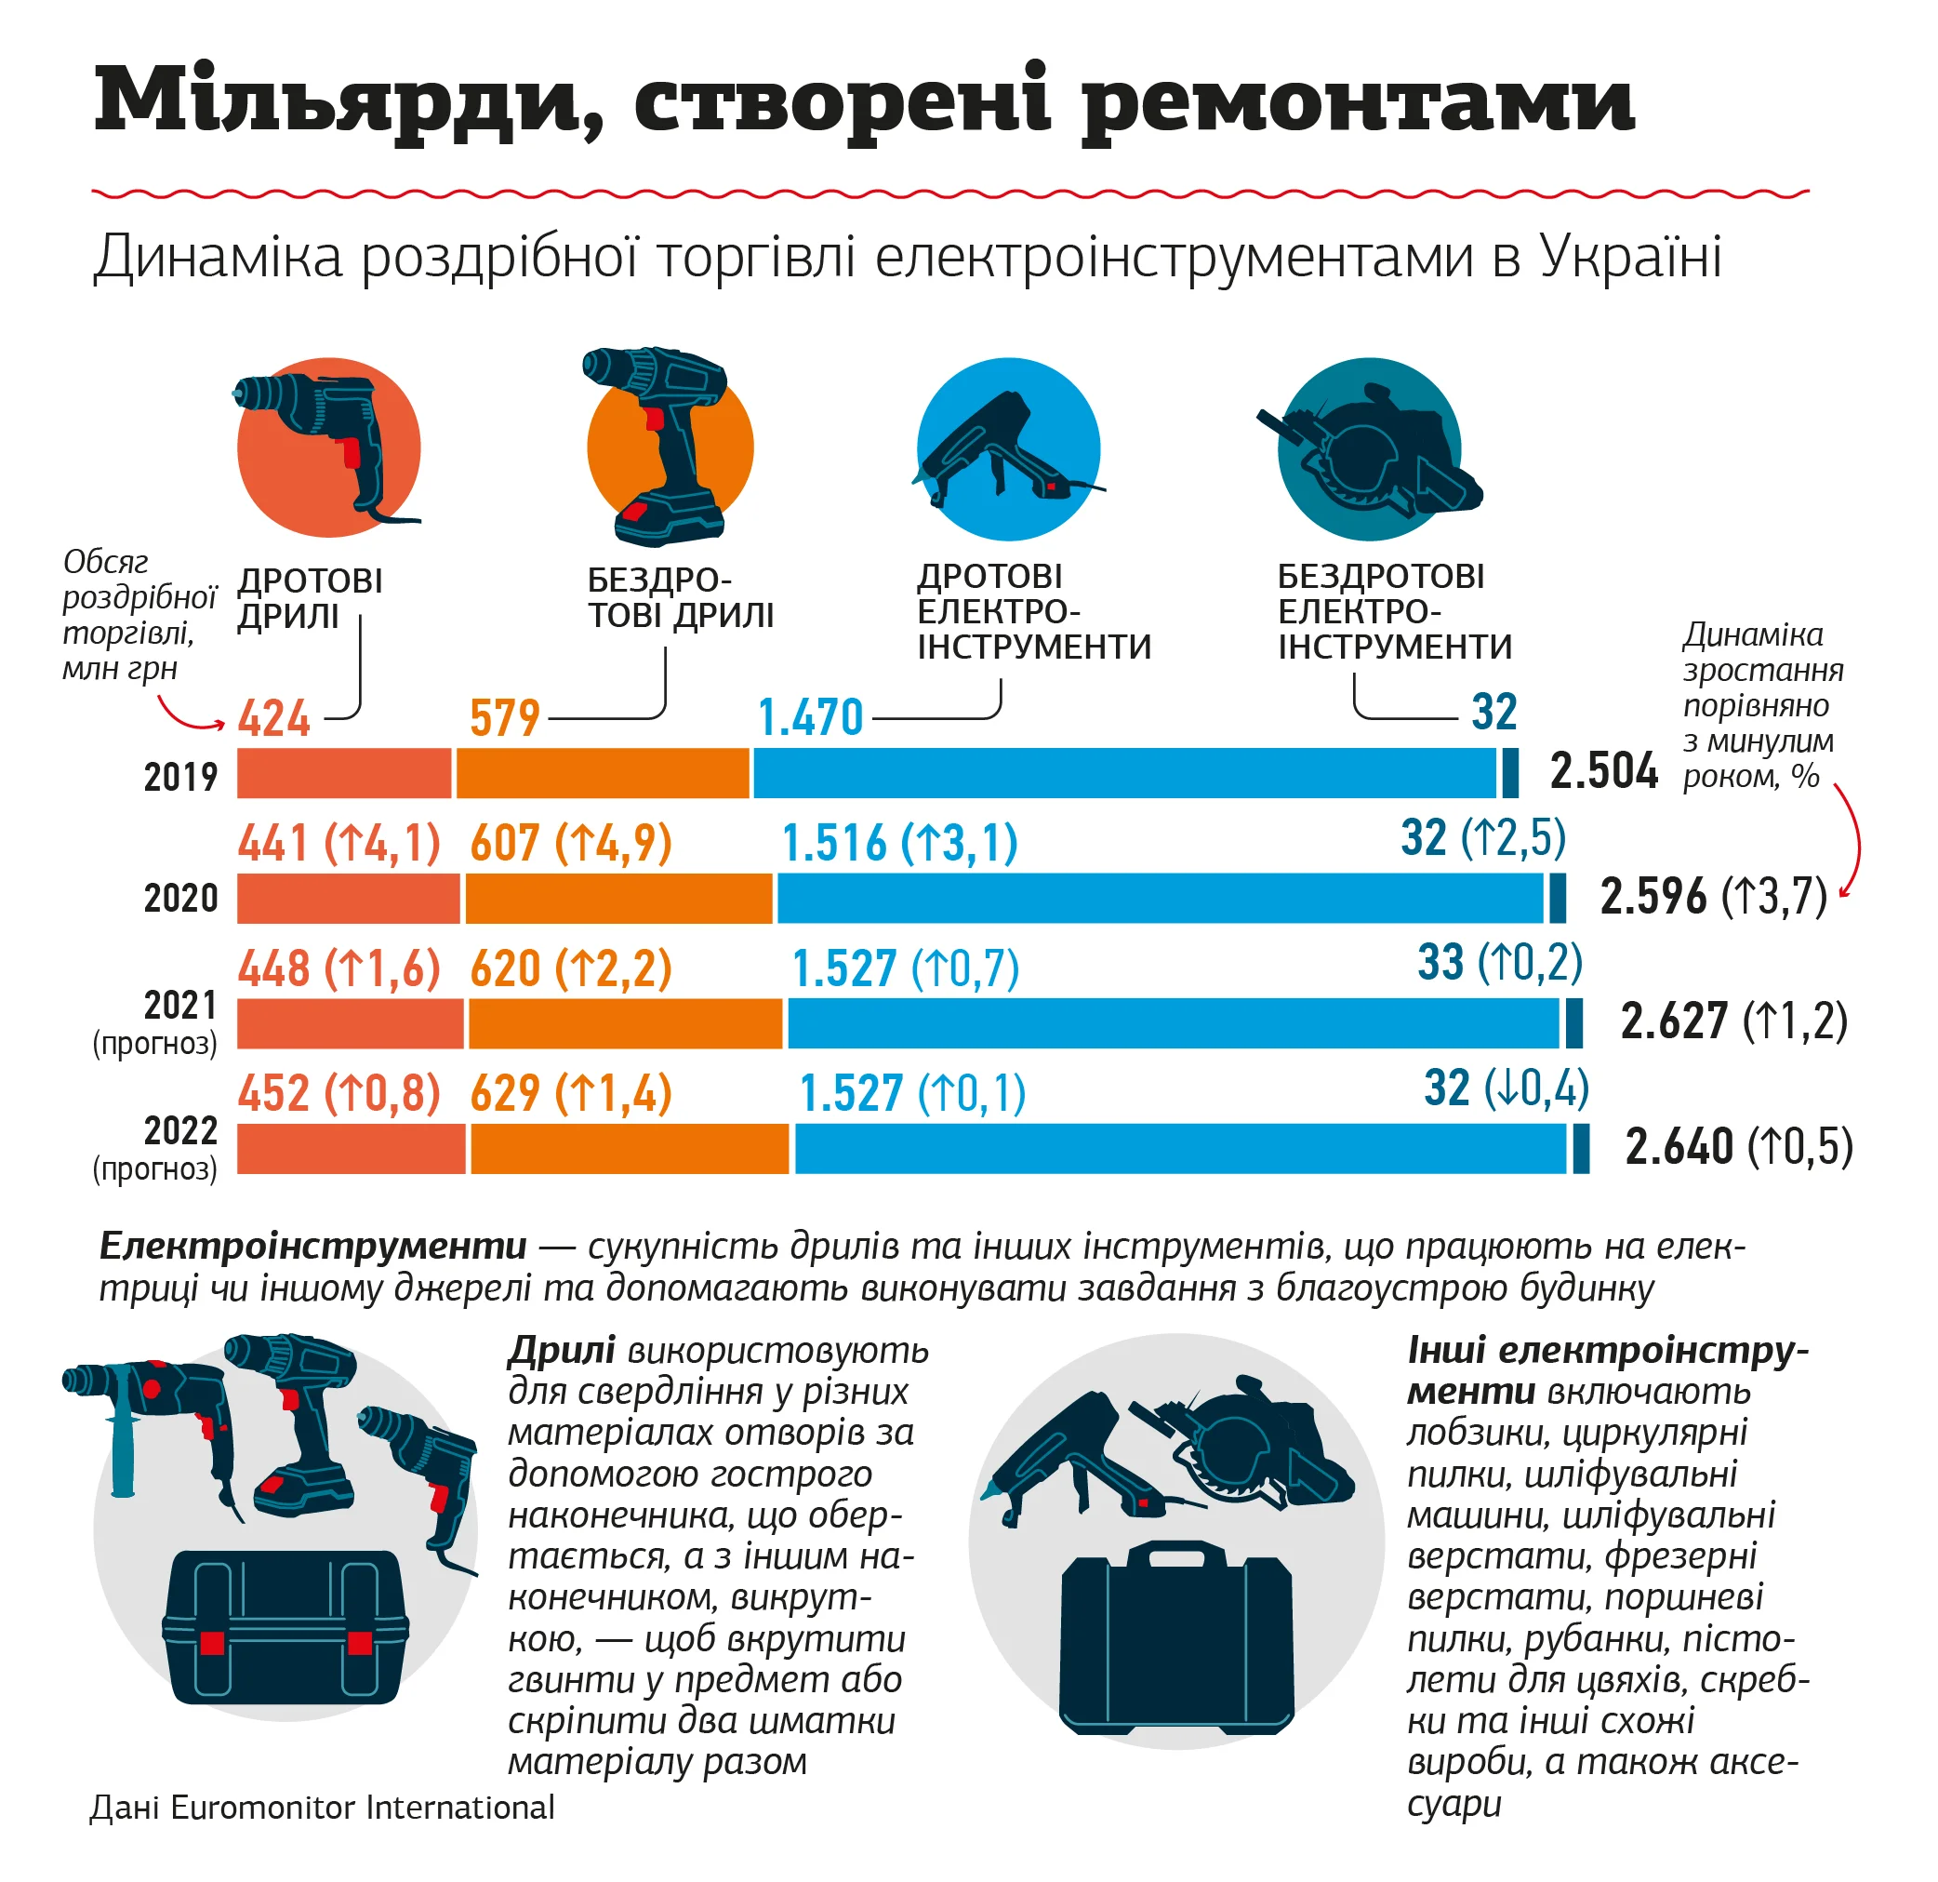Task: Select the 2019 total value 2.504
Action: (1603, 771)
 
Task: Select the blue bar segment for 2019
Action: (1124, 773)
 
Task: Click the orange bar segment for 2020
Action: (619, 898)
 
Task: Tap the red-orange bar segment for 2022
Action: (350, 1149)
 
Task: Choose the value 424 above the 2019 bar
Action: (274, 718)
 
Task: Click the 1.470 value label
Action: (810, 718)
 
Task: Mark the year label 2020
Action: (181, 898)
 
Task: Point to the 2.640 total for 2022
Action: (1679, 1147)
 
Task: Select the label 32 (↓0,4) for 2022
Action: (1506, 1088)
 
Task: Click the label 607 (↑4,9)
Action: (571, 844)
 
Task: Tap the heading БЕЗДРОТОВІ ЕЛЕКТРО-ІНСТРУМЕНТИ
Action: (1394, 611)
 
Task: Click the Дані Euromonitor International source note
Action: (323, 1808)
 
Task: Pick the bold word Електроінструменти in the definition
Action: (313, 1246)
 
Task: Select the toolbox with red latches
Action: (285, 1629)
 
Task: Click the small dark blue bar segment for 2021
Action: (1574, 1023)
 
